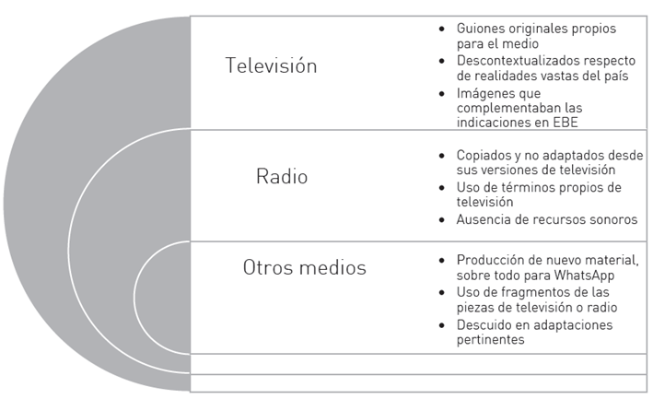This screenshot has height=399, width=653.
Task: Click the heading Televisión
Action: click(x=271, y=66)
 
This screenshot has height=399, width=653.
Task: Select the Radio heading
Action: click(x=282, y=176)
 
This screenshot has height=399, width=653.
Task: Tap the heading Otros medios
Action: click(x=304, y=268)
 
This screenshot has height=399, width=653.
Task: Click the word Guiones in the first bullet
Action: click(x=482, y=29)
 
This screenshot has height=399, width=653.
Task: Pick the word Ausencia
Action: click(x=484, y=218)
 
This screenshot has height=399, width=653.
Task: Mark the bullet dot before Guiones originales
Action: click(x=443, y=29)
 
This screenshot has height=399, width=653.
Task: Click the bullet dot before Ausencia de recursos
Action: click(x=443, y=219)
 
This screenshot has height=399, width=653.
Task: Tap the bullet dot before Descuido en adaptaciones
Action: click(x=443, y=325)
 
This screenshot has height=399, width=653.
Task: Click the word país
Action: click(x=616, y=76)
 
